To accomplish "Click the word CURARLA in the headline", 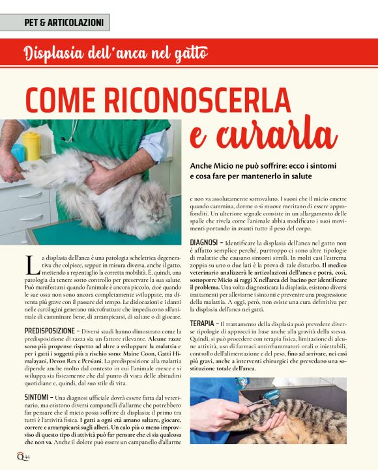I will pos(264,135).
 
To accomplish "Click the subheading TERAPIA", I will pos(203,324).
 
